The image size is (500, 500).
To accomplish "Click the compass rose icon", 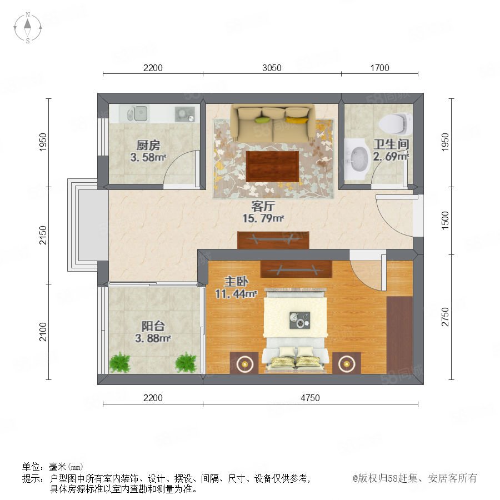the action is click(28, 28).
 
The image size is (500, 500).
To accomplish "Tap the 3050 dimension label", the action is click(272, 68).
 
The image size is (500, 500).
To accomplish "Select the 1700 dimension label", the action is click(379, 68).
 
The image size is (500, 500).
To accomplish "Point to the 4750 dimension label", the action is click(310, 398).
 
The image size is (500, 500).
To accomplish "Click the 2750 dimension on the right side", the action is click(445, 317).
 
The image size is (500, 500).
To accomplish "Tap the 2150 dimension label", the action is click(43, 236).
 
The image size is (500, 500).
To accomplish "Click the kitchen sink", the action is click(137, 113).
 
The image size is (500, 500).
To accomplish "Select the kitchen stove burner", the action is click(184, 114).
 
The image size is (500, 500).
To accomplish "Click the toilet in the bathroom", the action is click(395, 124).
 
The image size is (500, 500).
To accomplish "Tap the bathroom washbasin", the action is click(357, 159).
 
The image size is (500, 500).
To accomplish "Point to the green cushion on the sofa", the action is click(263, 120).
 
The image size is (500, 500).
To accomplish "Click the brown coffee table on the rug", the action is click(272, 167).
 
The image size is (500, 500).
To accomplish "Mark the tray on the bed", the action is click(300, 320).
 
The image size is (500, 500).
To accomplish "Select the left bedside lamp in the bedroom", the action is click(244, 363).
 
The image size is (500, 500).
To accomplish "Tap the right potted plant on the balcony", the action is click(186, 363).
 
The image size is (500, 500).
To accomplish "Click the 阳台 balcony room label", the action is click(153, 326).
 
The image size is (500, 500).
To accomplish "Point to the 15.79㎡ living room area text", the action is click(263, 218).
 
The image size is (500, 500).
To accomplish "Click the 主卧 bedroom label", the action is click(236, 282).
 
